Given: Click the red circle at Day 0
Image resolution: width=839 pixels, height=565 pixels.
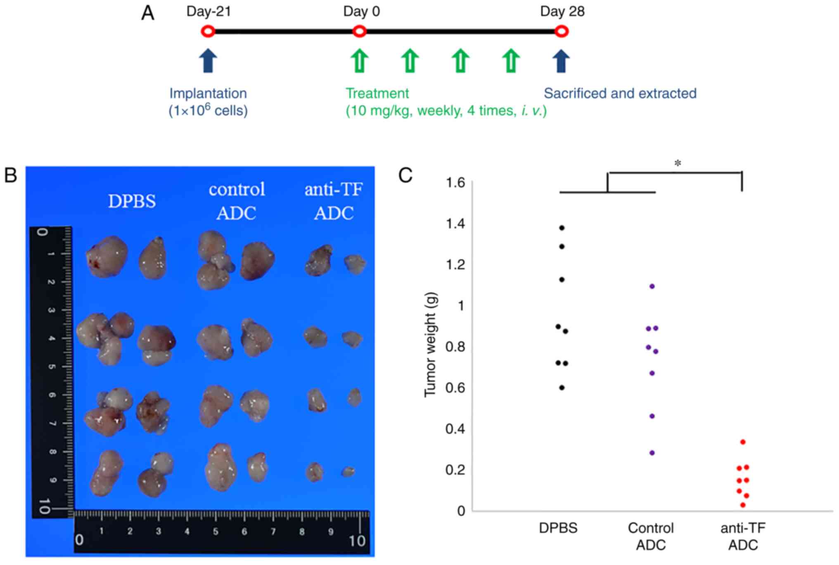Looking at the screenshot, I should click(x=359, y=31).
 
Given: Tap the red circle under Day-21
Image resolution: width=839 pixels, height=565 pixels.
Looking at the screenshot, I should click(x=208, y=31).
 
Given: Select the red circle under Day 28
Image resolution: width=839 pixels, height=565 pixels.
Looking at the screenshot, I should click(x=561, y=31).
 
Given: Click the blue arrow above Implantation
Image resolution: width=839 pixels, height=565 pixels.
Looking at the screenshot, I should click(x=208, y=61).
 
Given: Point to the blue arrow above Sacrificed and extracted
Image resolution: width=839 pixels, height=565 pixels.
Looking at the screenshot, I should click(x=561, y=61).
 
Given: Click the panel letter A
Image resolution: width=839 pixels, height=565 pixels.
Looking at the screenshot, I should click(x=148, y=13).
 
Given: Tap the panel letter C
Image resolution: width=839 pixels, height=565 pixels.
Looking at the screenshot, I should click(x=405, y=175).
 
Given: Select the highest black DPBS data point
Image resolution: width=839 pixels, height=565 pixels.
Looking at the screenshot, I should click(x=562, y=228).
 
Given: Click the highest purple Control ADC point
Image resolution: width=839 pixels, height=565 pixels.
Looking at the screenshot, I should click(x=652, y=286).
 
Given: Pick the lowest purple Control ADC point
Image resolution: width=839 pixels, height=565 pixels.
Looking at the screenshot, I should click(x=652, y=453).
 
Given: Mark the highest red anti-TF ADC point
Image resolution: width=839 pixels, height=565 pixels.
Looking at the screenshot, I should click(x=743, y=442).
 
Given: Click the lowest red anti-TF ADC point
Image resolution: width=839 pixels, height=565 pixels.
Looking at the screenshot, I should click(x=743, y=505).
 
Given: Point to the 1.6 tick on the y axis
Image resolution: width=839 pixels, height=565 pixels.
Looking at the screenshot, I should click(x=455, y=182).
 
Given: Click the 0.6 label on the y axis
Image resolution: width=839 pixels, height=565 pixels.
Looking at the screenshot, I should click(x=455, y=388).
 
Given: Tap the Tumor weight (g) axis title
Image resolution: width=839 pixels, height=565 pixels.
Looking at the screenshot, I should click(x=430, y=344).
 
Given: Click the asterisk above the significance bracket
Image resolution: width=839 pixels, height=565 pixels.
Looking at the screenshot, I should click(x=678, y=164).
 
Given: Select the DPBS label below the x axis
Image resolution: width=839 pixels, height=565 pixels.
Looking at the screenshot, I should click(x=558, y=528).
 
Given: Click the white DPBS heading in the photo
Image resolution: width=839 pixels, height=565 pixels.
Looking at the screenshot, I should click(x=132, y=201).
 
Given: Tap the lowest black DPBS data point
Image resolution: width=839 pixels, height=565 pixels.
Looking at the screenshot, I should click(x=562, y=388).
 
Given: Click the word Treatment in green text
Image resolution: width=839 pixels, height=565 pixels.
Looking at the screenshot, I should click(x=377, y=93).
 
